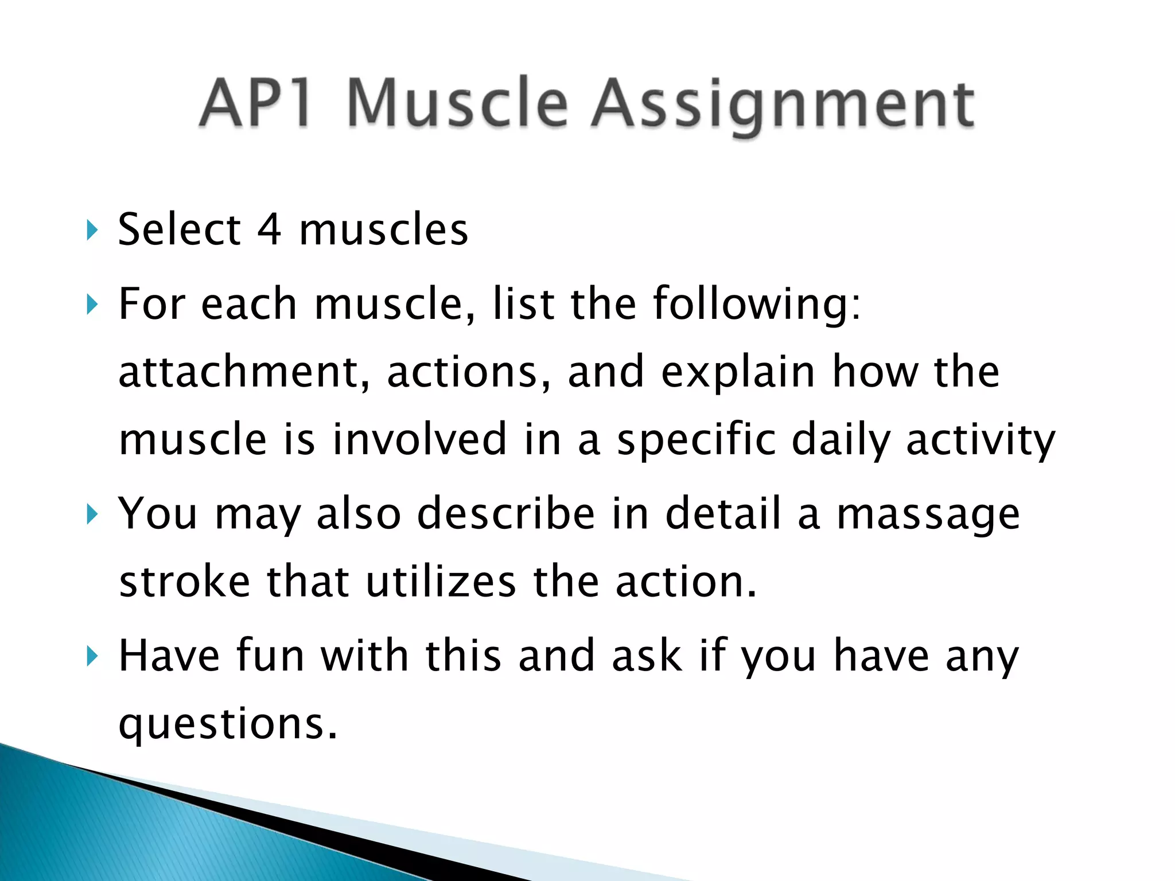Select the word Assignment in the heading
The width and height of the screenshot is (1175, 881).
pos(783,106)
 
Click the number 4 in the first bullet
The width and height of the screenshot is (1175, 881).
pos(269,229)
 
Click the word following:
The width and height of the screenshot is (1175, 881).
pos(757,305)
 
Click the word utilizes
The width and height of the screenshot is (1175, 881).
pos(441,582)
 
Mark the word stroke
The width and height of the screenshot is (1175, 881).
pos(184,582)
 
